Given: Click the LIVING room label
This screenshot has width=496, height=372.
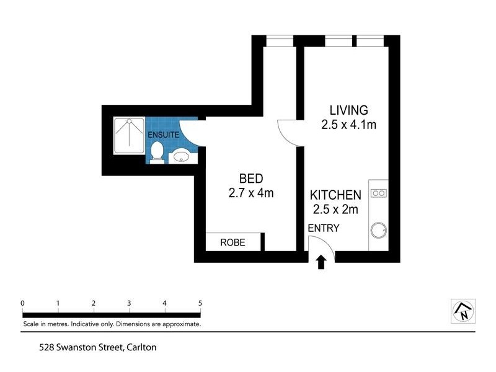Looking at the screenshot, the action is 348,110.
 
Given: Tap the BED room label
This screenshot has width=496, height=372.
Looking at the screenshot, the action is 251,179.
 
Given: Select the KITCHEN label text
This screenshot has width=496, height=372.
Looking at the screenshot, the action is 335,195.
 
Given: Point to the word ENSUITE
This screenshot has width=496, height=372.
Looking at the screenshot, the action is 163,135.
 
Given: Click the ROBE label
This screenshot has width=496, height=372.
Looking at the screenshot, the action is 233,242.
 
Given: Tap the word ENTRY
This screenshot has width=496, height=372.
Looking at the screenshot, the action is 323,228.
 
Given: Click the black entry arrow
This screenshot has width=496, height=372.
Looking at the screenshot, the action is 321,262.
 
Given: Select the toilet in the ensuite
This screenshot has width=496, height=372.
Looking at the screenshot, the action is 157,153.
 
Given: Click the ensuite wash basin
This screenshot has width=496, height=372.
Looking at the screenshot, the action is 182,156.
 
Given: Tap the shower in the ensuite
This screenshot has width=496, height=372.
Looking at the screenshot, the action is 129,136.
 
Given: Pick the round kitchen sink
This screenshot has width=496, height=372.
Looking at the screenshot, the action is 379,230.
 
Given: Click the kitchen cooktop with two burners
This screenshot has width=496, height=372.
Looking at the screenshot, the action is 379,193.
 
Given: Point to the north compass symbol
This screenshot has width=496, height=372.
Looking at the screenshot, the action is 463,311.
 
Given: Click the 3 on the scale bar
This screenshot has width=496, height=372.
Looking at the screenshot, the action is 129,303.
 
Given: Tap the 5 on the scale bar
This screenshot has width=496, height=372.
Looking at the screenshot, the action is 200,303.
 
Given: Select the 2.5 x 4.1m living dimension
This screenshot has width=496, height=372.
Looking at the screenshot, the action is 348,125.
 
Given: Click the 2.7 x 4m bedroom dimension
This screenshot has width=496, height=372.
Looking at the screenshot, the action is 251,193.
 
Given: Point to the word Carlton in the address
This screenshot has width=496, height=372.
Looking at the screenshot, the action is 141,347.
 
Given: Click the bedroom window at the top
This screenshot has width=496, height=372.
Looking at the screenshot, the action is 280,41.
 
